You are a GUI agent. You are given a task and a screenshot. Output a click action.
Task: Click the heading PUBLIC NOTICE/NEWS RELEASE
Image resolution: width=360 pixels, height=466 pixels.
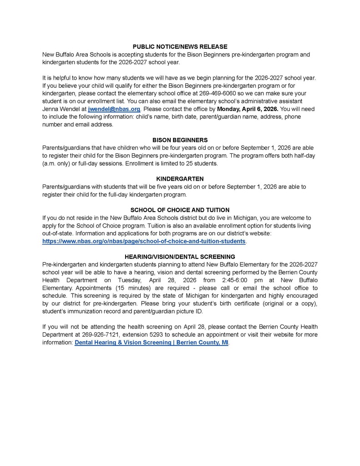click(x=180, y=47)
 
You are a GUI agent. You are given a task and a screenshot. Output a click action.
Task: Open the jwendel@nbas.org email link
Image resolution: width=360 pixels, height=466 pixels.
click(x=114, y=109)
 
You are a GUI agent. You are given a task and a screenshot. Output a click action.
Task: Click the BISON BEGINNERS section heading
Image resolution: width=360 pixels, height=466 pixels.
click(x=180, y=140)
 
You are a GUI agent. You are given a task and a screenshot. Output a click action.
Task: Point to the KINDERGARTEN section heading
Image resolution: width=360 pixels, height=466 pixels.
click(x=180, y=179)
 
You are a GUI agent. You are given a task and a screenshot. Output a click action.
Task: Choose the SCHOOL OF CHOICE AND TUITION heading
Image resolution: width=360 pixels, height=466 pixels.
click(x=180, y=210)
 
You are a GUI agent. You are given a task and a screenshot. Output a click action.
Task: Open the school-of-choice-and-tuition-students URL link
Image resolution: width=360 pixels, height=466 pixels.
click(x=144, y=241)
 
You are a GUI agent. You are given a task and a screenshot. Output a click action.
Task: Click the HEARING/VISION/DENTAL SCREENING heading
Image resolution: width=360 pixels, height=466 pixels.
click(x=180, y=257)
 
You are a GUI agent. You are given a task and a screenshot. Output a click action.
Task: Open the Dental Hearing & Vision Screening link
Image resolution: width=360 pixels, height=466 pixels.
click(x=152, y=342)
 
